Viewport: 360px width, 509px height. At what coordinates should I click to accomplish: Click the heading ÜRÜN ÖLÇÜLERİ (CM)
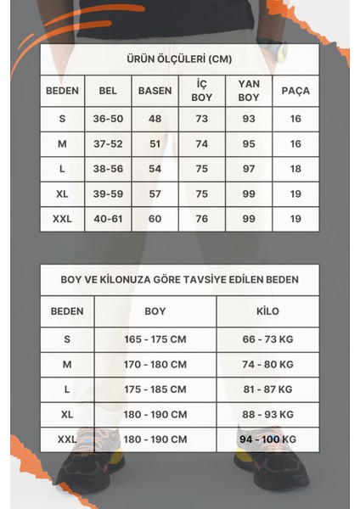[179, 60]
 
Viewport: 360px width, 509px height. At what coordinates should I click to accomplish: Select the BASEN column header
[155, 90]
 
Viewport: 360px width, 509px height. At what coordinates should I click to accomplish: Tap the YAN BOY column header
[249, 90]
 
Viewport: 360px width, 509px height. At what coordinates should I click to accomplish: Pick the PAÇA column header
[295, 90]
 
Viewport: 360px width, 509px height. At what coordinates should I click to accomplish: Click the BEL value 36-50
[108, 119]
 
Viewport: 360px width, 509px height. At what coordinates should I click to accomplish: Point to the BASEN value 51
[155, 144]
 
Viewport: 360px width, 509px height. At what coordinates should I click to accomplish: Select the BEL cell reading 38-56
[108, 169]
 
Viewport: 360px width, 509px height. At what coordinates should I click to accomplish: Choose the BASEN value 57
[155, 193]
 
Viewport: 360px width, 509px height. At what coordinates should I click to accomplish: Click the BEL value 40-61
[108, 219]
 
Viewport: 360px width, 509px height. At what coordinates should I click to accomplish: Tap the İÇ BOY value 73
[201, 119]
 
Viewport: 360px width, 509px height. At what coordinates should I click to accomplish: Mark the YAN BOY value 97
[249, 169]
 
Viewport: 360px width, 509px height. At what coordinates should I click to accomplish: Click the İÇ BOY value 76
[201, 219]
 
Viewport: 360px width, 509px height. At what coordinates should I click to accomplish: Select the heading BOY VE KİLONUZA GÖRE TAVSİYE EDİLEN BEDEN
[179, 279]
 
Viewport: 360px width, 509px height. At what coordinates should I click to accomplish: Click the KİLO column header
[267, 311]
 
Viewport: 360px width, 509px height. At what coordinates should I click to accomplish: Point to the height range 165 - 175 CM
[155, 339]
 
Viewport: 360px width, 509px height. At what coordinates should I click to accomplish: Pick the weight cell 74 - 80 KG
[267, 364]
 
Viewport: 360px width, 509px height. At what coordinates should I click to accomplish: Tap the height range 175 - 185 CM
[155, 389]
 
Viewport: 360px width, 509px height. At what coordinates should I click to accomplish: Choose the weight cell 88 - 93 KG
[267, 414]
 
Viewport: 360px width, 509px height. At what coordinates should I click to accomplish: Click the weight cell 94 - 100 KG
[267, 439]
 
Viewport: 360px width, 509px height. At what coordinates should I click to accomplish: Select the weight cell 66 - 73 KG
[267, 339]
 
